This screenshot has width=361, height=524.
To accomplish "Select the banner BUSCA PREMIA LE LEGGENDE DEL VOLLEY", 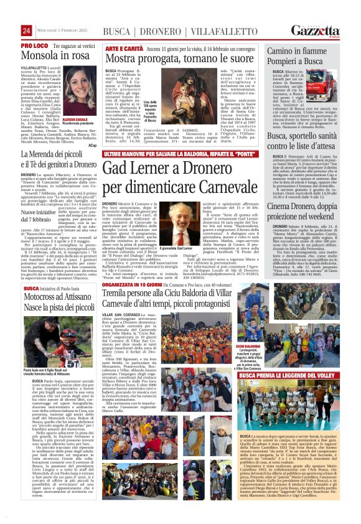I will coord(284,376).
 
